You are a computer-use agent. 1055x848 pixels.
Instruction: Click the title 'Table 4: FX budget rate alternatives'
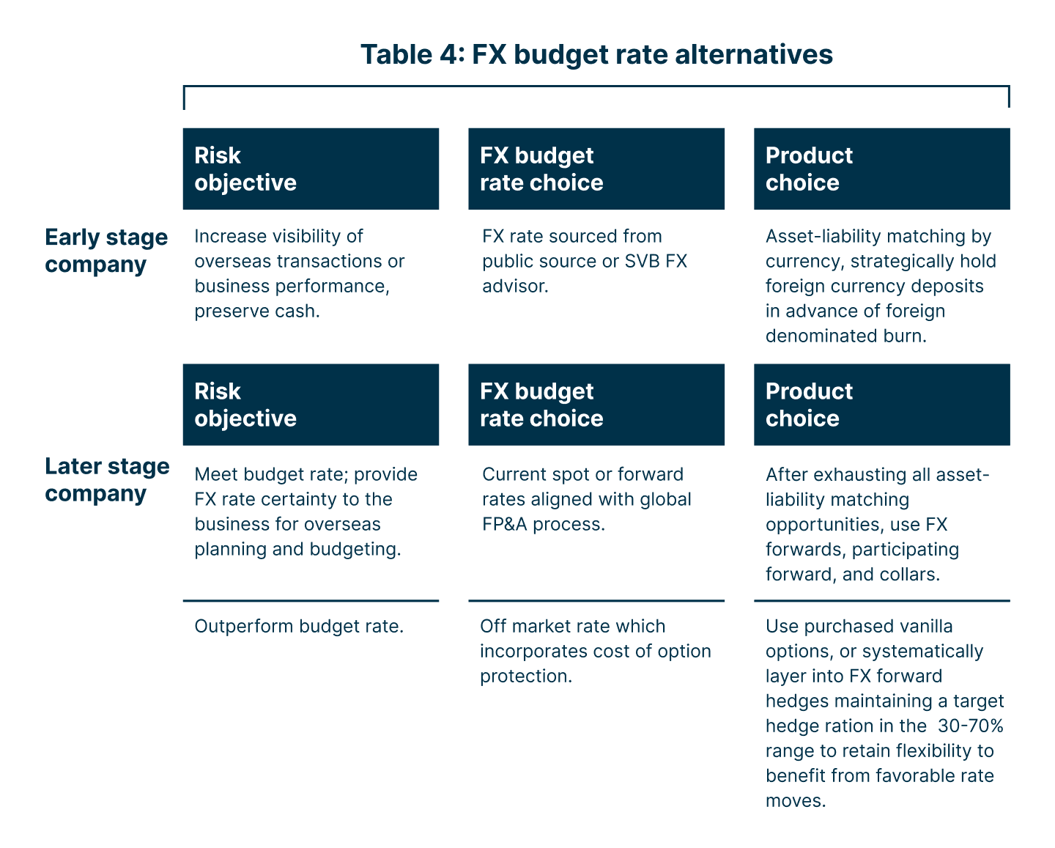pyautogui.click(x=596, y=55)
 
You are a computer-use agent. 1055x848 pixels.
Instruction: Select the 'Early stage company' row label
pyautogui.click(x=106, y=251)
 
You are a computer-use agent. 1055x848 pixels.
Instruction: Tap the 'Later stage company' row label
pyautogui.click(x=107, y=479)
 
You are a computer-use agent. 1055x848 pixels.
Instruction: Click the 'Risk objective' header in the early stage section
pyautogui.click(x=311, y=169)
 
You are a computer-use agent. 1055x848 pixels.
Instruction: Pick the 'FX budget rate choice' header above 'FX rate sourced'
pyautogui.click(x=596, y=169)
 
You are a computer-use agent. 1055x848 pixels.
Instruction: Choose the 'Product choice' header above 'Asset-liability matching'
pyautogui.click(x=881, y=169)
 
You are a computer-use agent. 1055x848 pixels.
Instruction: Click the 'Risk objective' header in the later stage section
pyautogui.click(x=311, y=405)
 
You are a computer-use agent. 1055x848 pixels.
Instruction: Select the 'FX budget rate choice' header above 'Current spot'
pyautogui.click(x=596, y=405)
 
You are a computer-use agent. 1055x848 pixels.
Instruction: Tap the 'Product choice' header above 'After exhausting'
pyautogui.click(x=881, y=405)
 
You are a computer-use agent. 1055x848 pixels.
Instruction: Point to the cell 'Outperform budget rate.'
pyautogui.click(x=299, y=627)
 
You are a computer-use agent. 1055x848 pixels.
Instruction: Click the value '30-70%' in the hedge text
pyautogui.click(x=970, y=726)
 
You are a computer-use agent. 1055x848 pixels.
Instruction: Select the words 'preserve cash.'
pyautogui.click(x=257, y=311)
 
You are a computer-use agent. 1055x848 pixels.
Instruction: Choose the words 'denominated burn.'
pyautogui.click(x=846, y=336)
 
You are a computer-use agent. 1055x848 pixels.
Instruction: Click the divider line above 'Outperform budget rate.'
pyautogui.click(x=311, y=601)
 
